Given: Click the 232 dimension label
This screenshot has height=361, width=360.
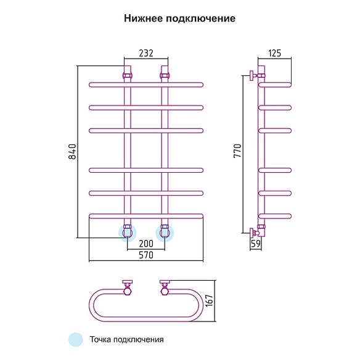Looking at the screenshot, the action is [x=146, y=53].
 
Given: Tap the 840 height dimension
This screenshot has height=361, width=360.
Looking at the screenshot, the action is [x=72, y=151].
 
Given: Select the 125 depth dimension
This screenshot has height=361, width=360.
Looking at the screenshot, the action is [x=275, y=53].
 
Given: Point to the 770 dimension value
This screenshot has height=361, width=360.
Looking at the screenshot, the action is [x=237, y=151].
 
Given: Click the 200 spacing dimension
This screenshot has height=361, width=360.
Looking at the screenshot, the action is [x=146, y=243].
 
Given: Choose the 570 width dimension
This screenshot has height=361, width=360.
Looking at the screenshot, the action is [x=146, y=255].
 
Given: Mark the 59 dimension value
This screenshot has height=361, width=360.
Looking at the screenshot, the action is [x=256, y=243].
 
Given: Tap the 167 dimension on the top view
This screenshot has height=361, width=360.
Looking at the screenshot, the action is [x=210, y=301].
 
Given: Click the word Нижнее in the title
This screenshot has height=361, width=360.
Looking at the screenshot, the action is [x=144, y=18].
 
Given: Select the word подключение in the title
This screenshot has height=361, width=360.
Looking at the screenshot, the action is [x=201, y=19].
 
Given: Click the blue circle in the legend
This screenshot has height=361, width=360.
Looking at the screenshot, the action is [x=76, y=339].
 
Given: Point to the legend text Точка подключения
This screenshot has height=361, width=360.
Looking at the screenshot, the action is [x=127, y=339].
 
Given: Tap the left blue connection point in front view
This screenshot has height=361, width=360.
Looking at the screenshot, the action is [x=127, y=233].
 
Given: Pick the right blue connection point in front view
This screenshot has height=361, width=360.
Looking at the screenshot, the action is [x=165, y=233].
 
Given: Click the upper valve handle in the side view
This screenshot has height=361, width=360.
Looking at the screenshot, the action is [x=252, y=75].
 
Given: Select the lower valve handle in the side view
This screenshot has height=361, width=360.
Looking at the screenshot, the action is [x=252, y=233].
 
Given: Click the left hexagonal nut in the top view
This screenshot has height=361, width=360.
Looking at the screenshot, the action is [x=127, y=291].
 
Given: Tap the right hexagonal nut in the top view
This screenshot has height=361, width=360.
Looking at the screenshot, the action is [x=165, y=291].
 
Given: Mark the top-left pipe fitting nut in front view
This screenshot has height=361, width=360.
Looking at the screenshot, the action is [x=127, y=75].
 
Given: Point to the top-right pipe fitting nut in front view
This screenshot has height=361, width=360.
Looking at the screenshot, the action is [x=165, y=75].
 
